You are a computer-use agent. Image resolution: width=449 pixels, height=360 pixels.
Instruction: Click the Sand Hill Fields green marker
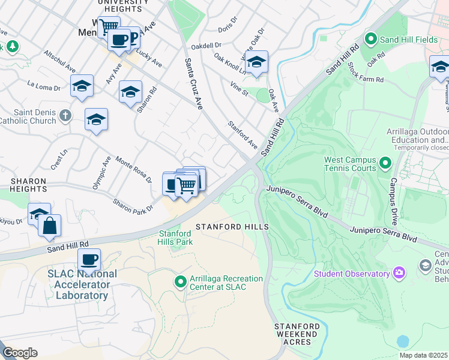click(x=371, y=40)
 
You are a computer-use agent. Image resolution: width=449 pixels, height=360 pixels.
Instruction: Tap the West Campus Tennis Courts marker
click(x=385, y=163)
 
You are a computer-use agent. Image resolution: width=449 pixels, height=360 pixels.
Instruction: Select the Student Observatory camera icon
click(x=399, y=274)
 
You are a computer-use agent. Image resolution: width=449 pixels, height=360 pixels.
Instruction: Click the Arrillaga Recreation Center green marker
click(x=179, y=281)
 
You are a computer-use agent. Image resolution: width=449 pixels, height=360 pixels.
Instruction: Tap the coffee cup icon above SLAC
click(x=89, y=260)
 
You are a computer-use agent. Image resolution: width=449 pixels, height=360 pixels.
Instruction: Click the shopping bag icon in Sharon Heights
click(x=50, y=226)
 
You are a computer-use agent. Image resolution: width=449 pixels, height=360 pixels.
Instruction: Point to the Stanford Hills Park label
click(x=176, y=238)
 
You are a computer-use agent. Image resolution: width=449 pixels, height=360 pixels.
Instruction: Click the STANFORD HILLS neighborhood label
click(x=232, y=227)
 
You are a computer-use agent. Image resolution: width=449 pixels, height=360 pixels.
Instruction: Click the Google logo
click(x=20, y=353)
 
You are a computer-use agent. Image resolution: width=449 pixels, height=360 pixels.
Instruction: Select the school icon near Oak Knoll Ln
click(x=256, y=62)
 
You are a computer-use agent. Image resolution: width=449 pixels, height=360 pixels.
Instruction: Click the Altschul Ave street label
click(x=59, y=61)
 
